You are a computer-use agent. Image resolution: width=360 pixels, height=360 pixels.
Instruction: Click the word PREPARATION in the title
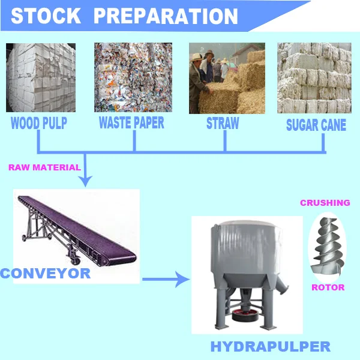[166, 16]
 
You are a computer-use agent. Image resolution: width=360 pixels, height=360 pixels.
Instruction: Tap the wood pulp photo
[41, 77]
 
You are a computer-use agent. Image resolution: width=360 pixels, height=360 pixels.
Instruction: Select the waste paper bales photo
[133, 77]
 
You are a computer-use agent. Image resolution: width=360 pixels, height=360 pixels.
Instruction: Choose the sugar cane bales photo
[316, 77]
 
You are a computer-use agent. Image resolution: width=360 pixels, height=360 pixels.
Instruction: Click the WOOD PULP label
[39, 124]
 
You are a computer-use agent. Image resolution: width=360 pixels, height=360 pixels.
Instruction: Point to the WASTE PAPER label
[131, 124]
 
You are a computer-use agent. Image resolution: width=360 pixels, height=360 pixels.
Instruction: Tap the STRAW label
[223, 124]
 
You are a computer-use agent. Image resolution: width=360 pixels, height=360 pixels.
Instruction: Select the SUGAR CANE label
[316, 125]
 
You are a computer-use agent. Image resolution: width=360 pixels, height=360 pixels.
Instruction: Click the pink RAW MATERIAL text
[44, 167]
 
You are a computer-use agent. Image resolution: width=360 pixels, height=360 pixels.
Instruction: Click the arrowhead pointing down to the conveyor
[87, 179]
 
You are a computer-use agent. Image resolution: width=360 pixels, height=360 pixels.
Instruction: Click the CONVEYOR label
[45, 274]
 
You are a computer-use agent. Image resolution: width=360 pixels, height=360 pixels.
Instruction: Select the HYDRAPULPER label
[270, 347]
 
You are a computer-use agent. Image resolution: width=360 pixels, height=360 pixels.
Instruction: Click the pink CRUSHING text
[325, 203]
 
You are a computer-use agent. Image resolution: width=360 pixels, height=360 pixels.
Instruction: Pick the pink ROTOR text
[328, 287]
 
